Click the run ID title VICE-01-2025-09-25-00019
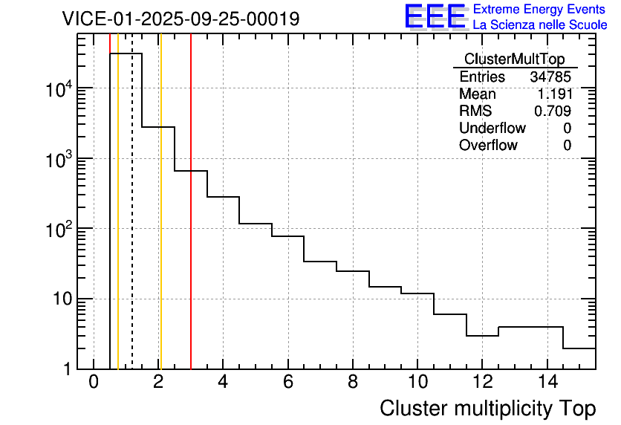pos(181,19)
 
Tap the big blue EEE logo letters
pos(435,17)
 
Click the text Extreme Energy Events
pos(539,10)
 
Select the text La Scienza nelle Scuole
pos(540,25)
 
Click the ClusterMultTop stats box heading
pos(514,59)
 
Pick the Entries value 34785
pos(550,77)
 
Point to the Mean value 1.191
pos(554,94)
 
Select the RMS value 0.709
pos(553,111)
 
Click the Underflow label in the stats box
pos(492,129)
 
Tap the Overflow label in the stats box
pos(488,146)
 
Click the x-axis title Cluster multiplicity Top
pos(487,409)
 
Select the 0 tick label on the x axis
pos(94,383)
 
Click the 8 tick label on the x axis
pos(352,383)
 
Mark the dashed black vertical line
pos(132,223)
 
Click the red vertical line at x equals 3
pos(191,223)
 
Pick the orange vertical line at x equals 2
pos(160,223)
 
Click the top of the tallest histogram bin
pos(126,53)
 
